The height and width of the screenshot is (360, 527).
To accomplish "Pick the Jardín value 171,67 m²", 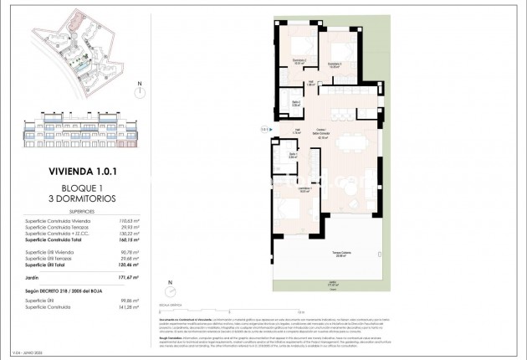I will point(128,275).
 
